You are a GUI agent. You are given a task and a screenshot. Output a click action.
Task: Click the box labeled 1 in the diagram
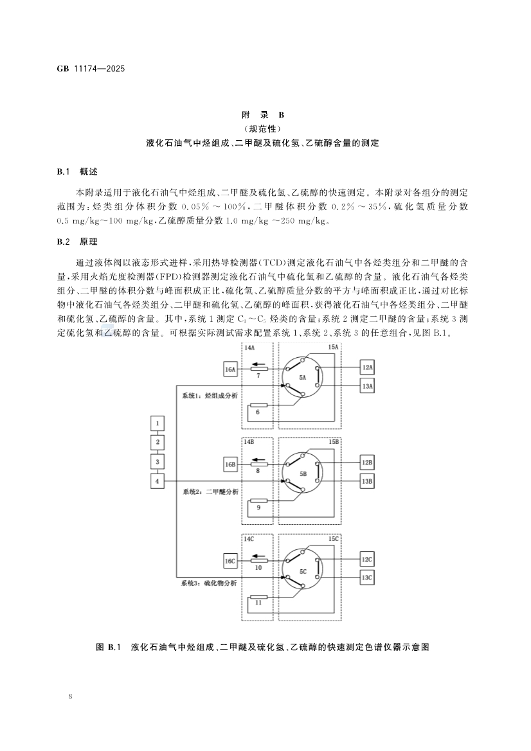pyautogui.click(x=157, y=423)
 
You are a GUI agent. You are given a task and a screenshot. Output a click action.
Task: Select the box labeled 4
pyautogui.click(x=157, y=481)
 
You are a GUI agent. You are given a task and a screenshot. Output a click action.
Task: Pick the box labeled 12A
pyautogui.click(x=368, y=367)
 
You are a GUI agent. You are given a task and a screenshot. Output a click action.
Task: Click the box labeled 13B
pyautogui.click(x=368, y=481)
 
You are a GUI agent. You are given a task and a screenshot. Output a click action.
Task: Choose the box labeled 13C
pyautogui.click(x=368, y=578)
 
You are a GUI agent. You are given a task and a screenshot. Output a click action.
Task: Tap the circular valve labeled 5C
pyautogui.click(x=302, y=569)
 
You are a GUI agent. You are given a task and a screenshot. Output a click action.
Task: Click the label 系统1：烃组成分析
pyautogui.click(x=210, y=396)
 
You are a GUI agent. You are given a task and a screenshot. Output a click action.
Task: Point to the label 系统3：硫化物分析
pyautogui.click(x=210, y=583)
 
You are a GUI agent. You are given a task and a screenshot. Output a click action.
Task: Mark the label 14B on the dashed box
pyautogui.click(x=248, y=443)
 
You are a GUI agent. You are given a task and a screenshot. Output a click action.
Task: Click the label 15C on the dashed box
pyautogui.click(x=334, y=538)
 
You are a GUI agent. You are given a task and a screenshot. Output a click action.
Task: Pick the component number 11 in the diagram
pyautogui.click(x=258, y=603)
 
